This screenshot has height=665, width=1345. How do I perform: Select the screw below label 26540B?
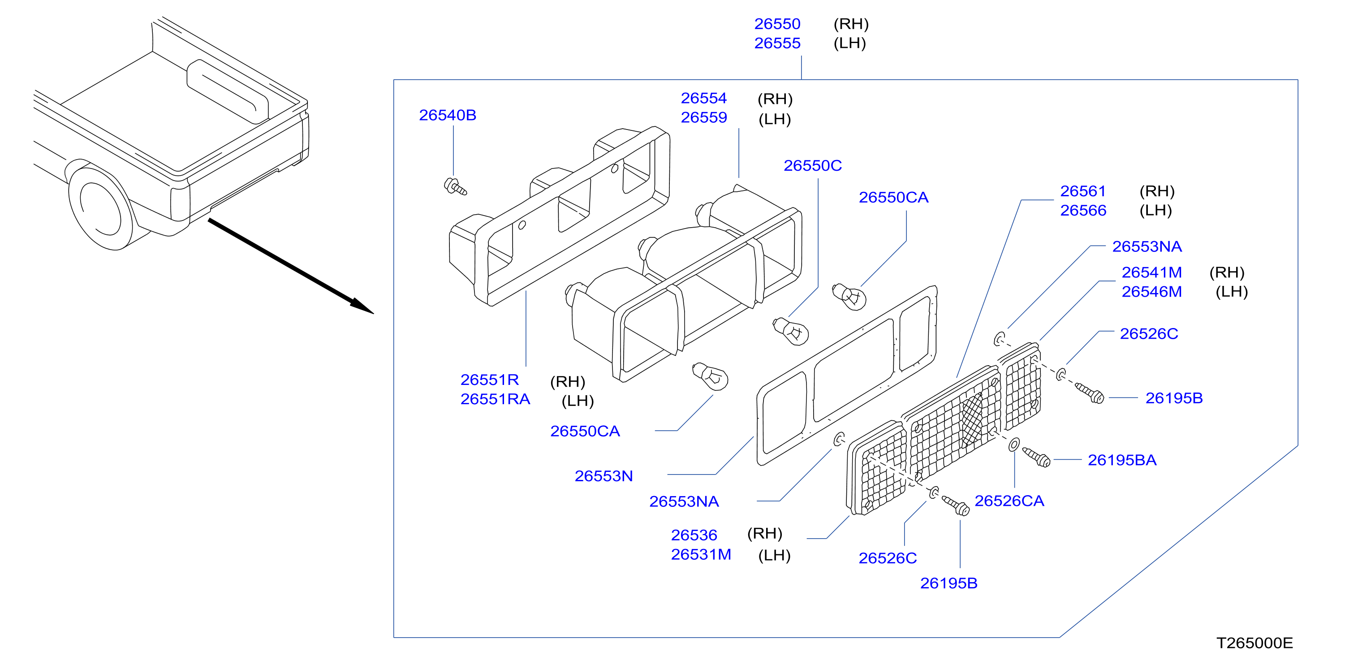[x=455, y=186]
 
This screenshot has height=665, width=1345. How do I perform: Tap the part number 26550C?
[x=812, y=166]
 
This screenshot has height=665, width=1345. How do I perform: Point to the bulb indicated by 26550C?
[x=790, y=331]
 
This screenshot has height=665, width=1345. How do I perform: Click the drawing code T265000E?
[x=1254, y=643]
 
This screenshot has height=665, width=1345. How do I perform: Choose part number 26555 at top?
[x=777, y=43]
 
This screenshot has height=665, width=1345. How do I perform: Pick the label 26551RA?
[x=495, y=399]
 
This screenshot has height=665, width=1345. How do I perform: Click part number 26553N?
[x=604, y=476]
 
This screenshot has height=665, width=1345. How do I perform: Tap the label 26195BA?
[x=1122, y=460]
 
